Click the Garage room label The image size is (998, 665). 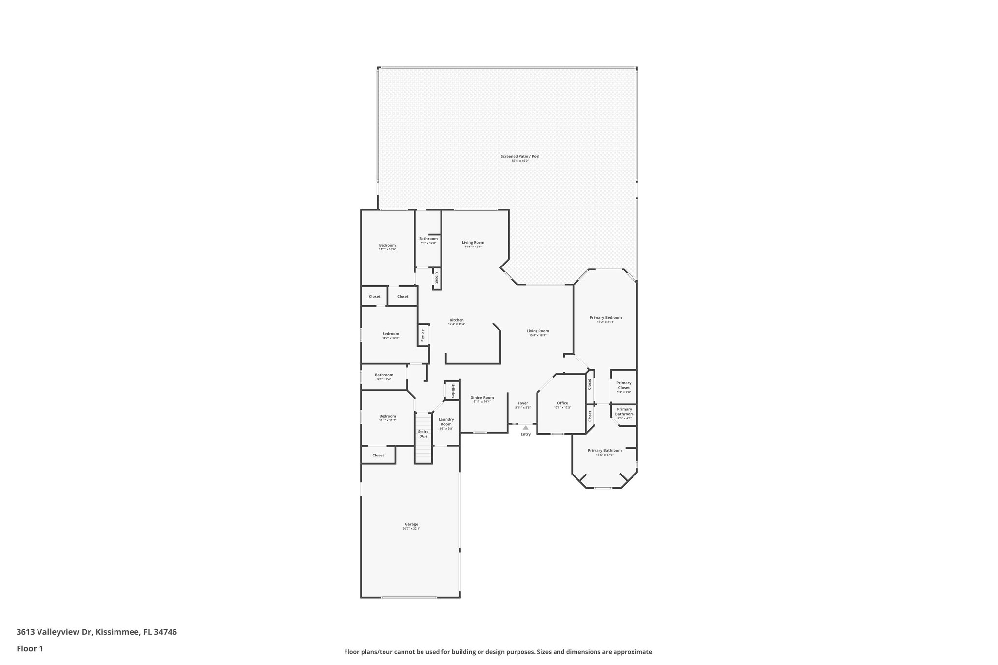(x=411, y=524)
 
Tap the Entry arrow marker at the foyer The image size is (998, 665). (x=525, y=427)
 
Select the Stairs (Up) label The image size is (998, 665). (x=423, y=434)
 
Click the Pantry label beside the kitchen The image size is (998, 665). (x=422, y=335)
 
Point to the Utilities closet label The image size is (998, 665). (x=453, y=390)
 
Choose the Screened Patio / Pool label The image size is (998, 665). (x=520, y=156)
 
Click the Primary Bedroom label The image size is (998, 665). (x=605, y=317)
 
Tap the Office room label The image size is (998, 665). (x=562, y=403)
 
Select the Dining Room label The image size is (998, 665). (x=482, y=398)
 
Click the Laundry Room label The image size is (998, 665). (x=446, y=421)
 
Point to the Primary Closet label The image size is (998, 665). (x=624, y=385)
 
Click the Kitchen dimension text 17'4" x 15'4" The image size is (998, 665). (x=457, y=324)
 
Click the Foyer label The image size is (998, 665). (x=523, y=403)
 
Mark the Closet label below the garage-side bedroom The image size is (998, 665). (x=378, y=455)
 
